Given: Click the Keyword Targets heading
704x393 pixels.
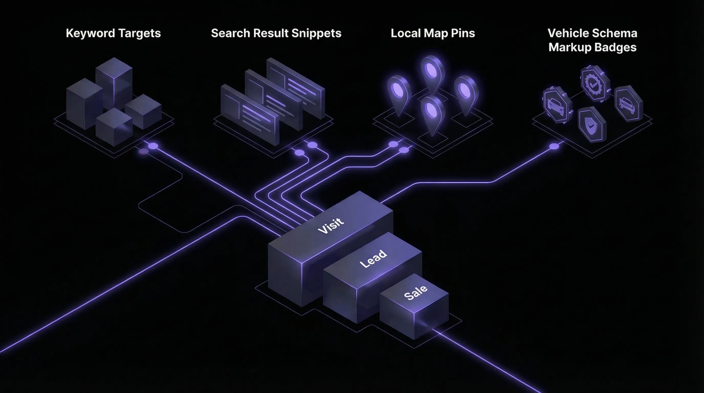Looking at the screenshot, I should click(113, 33).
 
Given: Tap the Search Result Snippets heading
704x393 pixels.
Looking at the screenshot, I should click(276, 33).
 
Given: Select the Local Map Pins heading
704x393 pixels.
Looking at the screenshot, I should click(433, 33).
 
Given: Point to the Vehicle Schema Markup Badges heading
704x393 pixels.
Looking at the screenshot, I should click(592, 40).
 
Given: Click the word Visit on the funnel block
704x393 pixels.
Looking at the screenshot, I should click(331, 226).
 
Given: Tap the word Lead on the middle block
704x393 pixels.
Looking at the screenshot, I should click(373, 259).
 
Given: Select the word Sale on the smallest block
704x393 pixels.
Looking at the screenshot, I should click(415, 292).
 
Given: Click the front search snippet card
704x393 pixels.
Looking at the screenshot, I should click(250, 115).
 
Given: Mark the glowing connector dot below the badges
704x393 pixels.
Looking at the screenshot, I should click(554, 146).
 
